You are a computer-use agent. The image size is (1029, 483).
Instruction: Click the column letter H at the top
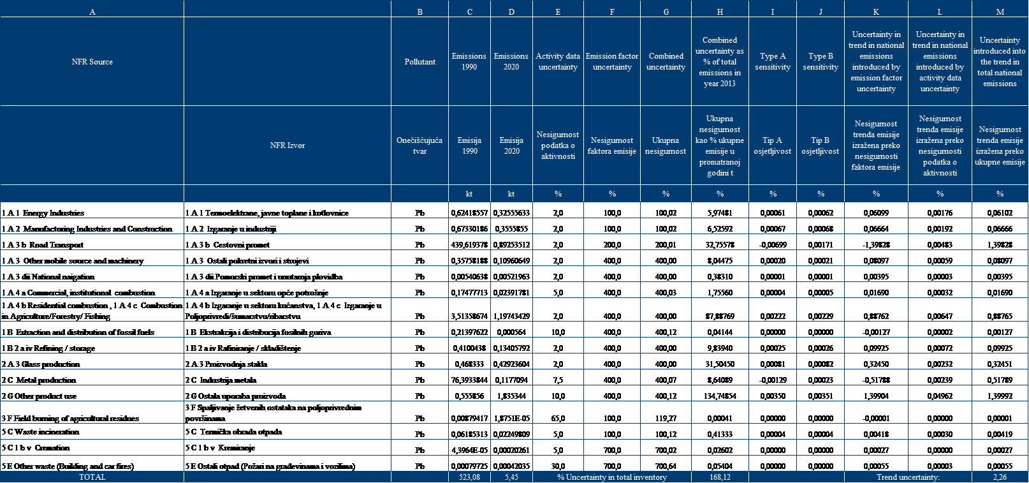[x=720, y=11]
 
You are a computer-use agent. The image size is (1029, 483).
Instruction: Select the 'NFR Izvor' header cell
[x=287, y=145]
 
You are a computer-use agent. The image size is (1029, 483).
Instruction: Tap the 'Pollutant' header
[x=420, y=62]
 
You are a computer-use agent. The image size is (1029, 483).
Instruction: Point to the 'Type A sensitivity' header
[x=773, y=62]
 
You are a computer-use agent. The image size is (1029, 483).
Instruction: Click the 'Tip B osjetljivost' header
[x=821, y=145]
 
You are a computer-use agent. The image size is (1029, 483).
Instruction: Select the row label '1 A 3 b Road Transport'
[x=43, y=245]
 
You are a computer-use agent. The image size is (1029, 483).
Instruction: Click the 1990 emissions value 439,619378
[x=469, y=245]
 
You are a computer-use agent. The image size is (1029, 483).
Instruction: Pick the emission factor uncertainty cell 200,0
[x=612, y=245]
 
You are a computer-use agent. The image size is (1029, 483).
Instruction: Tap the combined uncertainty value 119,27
[x=666, y=419]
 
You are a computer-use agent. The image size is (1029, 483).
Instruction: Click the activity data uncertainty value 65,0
[x=558, y=419]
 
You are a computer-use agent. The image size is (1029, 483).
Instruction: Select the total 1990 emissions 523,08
[x=469, y=477]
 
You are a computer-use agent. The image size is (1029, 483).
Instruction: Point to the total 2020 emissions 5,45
[x=511, y=477]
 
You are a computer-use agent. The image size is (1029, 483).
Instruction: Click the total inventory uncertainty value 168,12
[x=720, y=477]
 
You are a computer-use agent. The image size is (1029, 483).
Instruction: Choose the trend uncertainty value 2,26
[x=1000, y=477]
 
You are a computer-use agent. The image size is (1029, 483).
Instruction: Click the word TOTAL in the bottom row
[x=92, y=477]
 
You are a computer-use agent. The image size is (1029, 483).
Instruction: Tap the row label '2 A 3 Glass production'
[x=41, y=364]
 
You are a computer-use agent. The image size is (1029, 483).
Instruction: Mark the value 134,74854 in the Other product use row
[x=720, y=396]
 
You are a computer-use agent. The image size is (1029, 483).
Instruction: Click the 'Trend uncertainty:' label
[x=908, y=477]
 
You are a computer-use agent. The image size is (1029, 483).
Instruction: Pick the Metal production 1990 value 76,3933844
[x=469, y=380]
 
